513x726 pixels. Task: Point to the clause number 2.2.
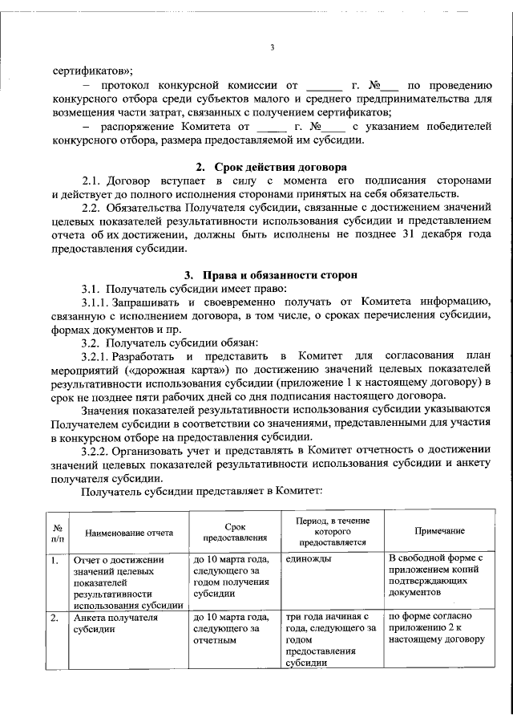tap(95, 208)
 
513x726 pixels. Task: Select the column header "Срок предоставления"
tap(234, 532)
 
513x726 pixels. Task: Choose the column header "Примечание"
tap(438, 532)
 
